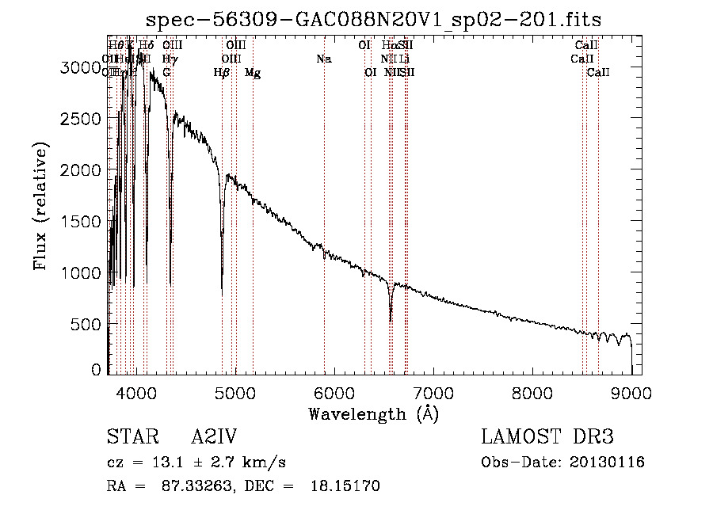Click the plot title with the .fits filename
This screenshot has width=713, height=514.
375,19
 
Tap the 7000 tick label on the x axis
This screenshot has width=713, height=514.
433,392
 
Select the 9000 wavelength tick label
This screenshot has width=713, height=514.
631,392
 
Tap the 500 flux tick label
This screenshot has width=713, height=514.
87,325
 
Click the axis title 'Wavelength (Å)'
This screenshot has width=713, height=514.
374,414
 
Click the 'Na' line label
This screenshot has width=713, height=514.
323,59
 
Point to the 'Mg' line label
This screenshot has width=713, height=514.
253,73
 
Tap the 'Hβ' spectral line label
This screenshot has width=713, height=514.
222,73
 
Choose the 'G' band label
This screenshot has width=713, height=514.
166,73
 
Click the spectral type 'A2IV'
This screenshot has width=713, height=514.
214,438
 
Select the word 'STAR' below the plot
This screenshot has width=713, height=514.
129,438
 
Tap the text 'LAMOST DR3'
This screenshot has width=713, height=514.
547,438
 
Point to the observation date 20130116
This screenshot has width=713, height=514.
605,463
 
